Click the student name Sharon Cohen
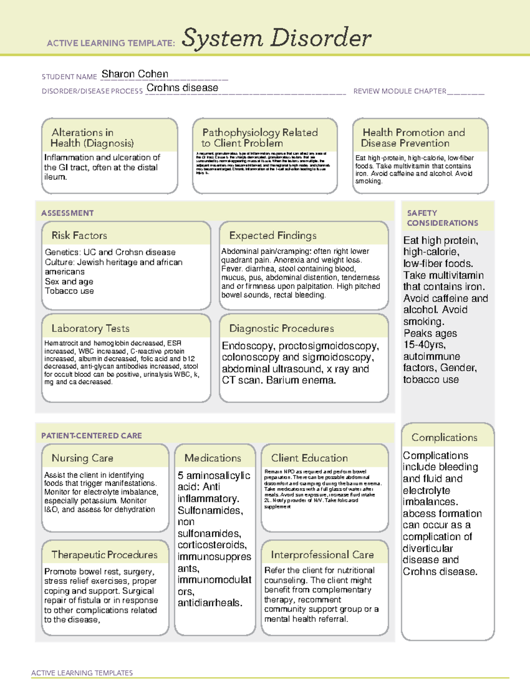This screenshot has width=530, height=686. [135, 74]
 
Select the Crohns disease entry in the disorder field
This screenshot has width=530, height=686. [182, 88]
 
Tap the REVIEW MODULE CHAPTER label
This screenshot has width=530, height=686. [400, 91]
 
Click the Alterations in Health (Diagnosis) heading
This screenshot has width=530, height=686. [92, 138]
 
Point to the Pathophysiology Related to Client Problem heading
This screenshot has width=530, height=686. [260, 138]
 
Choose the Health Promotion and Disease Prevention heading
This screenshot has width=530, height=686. [413, 138]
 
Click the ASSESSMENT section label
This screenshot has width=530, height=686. [68, 213]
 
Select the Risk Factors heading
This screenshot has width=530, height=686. [79, 235]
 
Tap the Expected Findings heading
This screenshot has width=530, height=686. [273, 235]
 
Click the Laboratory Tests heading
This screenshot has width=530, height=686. [90, 328]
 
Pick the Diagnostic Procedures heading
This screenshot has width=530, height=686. [281, 328]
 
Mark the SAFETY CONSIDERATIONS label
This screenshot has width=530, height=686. [442, 218]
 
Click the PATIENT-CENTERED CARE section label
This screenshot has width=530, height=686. [91, 436]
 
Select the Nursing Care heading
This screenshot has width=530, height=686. [82, 458]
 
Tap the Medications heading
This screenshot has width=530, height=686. [213, 458]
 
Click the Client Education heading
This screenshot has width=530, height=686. [309, 458]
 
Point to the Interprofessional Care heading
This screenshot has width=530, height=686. [322, 554]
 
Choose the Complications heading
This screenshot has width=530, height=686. [444, 437]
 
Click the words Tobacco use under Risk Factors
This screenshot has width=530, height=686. [69, 291]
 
